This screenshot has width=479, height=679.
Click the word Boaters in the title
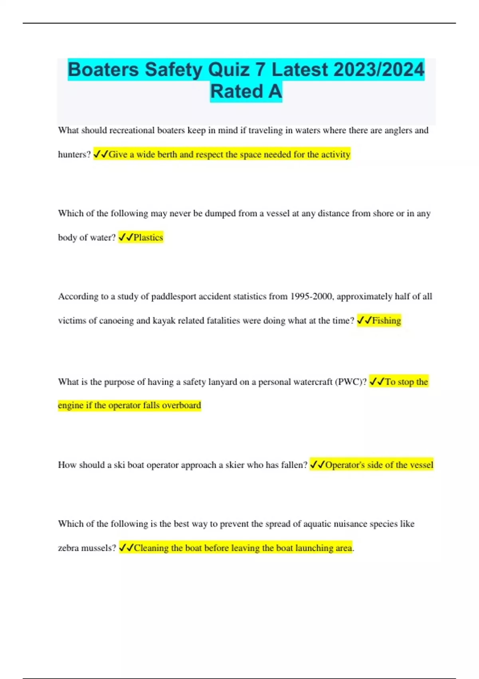point(103,70)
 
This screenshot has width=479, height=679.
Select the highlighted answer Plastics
point(148,238)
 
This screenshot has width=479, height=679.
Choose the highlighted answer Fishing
point(386,321)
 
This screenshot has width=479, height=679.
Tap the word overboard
point(181,405)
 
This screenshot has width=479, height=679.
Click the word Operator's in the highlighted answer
point(344,465)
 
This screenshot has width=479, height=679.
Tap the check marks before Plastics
point(126,238)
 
